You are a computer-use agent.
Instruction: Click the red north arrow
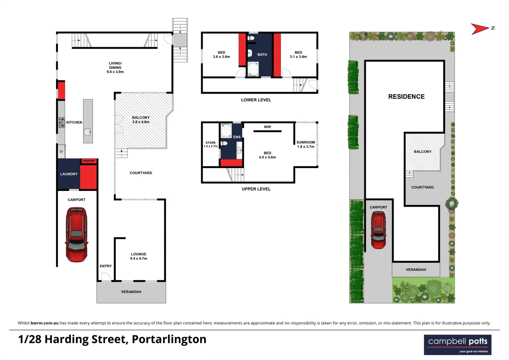click(x=480, y=29)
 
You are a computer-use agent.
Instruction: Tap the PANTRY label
click(x=89, y=161)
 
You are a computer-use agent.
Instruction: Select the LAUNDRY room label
click(x=69, y=174)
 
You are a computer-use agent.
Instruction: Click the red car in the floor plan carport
click(x=77, y=234)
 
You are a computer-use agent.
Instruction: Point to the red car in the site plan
click(x=378, y=230)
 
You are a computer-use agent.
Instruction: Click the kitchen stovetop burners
click(x=61, y=122)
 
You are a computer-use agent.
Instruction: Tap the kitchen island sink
click(x=87, y=132)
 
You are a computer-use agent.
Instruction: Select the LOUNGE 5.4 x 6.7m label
click(x=139, y=256)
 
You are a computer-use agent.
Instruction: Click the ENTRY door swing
click(x=106, y=277)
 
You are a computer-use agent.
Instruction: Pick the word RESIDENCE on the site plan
click(x=406, y=97)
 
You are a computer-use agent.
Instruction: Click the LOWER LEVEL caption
click(x=256, y=100)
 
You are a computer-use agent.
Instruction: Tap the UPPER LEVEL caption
click(x=256, y=189)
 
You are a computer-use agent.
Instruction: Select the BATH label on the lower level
click(x=262, y=55)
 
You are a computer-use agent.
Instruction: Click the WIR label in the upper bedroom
click(x=267, y=127)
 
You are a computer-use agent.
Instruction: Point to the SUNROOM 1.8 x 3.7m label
click(x=305, y=144)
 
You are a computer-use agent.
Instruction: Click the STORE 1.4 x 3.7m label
click(x=211, y=144)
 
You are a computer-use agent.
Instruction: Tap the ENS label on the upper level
click(x=237, y=137)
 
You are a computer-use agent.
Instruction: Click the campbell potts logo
click(x=457, y=345)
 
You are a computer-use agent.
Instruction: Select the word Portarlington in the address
click(x=169, y=339)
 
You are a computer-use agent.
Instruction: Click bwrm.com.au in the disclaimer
click(x=45, y=323)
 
